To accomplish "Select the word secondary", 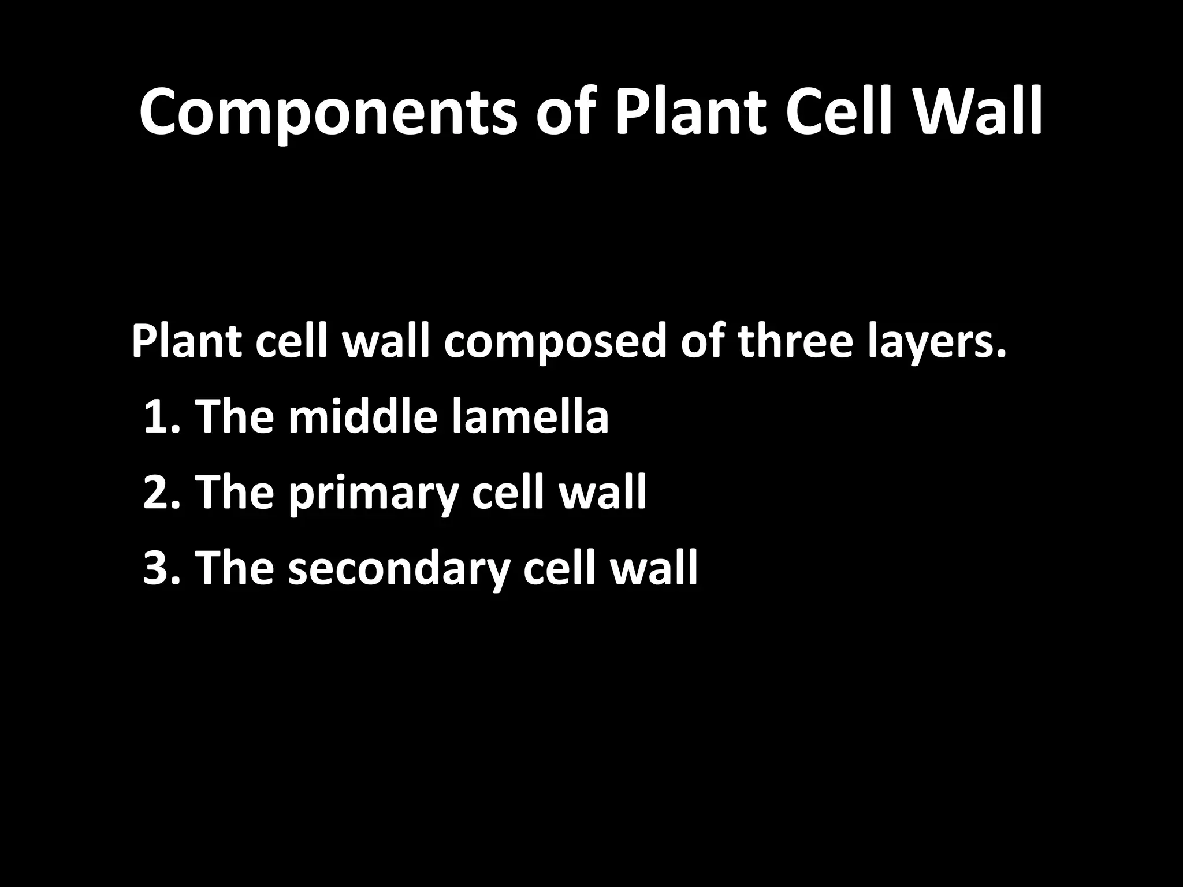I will point(399,568).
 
